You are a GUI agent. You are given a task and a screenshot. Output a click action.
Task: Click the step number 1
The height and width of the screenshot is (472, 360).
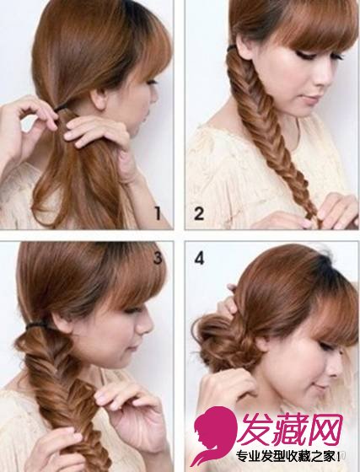[158, 212]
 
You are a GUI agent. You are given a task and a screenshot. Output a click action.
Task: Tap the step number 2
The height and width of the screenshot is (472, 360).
[199, 212]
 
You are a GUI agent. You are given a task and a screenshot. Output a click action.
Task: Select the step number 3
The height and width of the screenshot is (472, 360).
[158, 258]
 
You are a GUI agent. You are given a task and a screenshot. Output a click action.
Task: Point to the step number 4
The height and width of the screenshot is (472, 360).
[199, 258]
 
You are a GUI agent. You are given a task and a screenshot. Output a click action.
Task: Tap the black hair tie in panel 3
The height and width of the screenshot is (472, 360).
[38, 324]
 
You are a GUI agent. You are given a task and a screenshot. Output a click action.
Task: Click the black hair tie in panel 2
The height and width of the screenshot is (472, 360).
[232, 48]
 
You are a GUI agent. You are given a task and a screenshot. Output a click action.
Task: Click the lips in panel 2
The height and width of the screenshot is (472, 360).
[308, 100]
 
